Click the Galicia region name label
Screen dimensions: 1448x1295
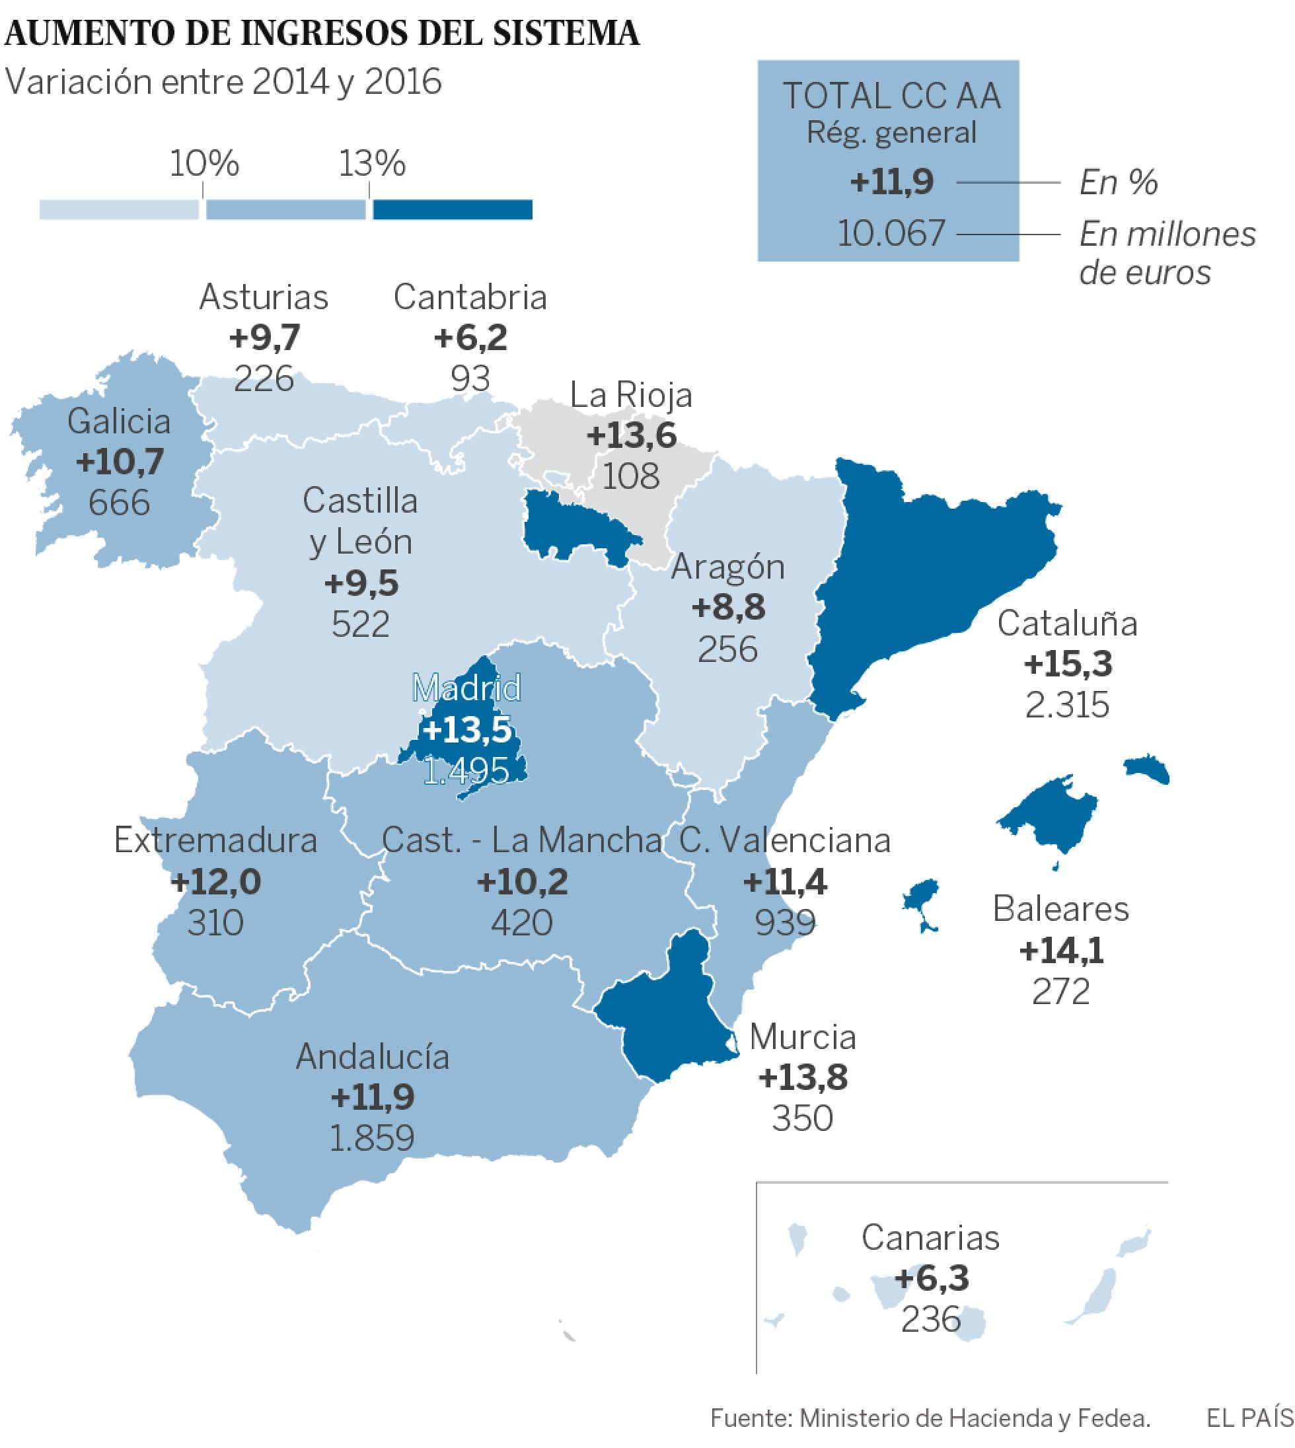click(119, 421)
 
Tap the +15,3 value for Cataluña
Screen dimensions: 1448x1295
click(1067, 664)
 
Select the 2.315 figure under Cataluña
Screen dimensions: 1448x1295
click(1067, 705)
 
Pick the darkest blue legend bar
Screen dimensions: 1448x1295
click(453, 210)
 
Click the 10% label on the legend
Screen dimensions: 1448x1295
click(204, 164)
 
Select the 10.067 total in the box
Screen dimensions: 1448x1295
click(891, 233)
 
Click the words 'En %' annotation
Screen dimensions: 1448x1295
click(1119, 183)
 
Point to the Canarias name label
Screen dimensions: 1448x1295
click(930, 1237)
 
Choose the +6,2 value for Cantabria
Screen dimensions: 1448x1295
click(470, 338)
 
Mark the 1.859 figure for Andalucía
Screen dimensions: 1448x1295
click(372, 1138)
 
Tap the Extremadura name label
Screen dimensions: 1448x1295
click(215, 840)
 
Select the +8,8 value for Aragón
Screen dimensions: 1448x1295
click(728, 608)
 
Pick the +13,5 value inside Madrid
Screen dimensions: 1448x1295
click(466, 729)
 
